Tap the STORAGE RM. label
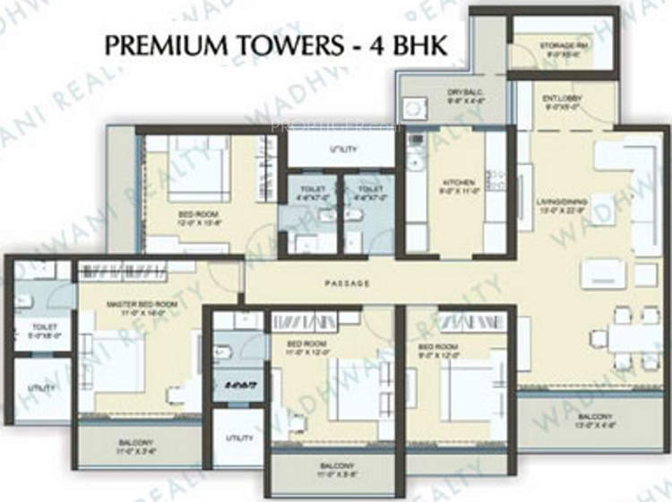[562, 46]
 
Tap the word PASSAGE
[348, 284]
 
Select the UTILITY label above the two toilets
[344, 149]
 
